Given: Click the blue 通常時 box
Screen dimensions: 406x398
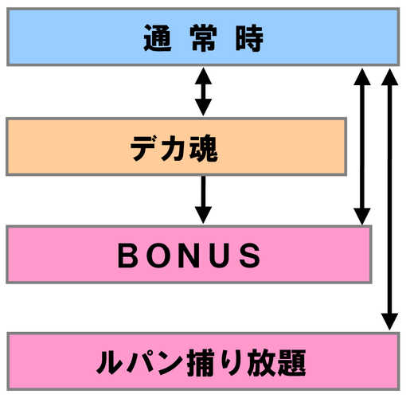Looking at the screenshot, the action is (x=203, y=37).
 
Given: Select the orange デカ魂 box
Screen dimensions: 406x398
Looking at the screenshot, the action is (x=177, y=146).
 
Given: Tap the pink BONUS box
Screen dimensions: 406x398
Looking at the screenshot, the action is (x=189, y=255).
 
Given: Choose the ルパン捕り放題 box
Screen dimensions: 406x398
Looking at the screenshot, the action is (x=203, y=361).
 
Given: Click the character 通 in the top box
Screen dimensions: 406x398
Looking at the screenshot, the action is (x=158, y=37).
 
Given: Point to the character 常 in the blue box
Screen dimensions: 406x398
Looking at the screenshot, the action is (x=204, y=37).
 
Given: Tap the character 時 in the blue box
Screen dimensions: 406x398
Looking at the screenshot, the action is (x=249, y=37).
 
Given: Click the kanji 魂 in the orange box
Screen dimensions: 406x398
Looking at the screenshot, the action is (x=204, y=148).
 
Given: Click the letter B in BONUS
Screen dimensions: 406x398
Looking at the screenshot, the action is (x=127, y=256).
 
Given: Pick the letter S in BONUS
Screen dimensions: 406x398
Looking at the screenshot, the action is (x=250, y=256).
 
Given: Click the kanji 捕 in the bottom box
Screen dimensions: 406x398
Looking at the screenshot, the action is (x=201, y=363).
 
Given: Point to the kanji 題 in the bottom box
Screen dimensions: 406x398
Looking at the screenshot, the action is (x=291, y=363).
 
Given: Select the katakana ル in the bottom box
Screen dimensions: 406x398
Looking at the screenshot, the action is (x=110, y=363).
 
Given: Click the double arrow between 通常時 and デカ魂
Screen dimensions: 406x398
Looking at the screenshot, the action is (x=203, y=92).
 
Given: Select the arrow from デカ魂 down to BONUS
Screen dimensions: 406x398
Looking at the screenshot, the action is (x=203, y=200).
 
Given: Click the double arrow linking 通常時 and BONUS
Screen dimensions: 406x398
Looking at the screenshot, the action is (x=362, y=146).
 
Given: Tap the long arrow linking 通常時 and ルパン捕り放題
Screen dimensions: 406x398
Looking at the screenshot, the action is (x=389, y=199).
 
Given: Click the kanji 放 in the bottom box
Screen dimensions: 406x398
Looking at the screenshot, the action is (x=261, y=363).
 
